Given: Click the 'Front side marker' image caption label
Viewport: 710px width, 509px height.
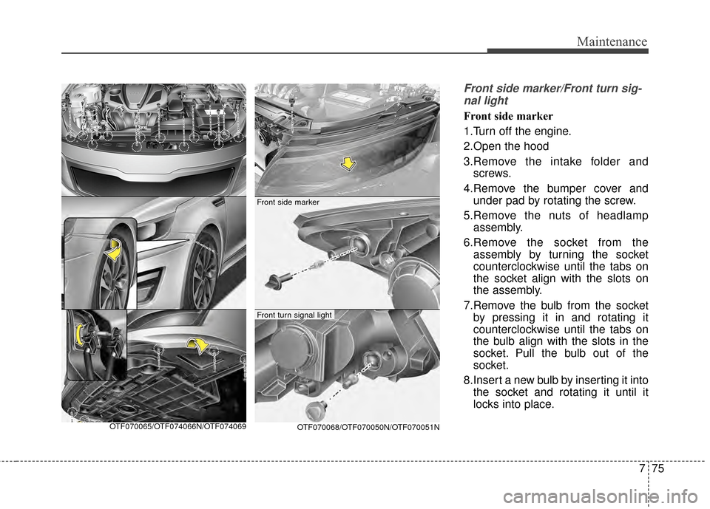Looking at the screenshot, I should coord(288,201).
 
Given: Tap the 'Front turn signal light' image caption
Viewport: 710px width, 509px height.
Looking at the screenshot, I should coord(294,315).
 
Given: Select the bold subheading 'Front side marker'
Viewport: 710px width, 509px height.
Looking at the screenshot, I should coord(508,116).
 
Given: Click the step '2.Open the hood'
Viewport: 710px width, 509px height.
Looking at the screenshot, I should coord(504,146).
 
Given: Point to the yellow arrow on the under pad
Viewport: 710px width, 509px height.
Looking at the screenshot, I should coord(197,343).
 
